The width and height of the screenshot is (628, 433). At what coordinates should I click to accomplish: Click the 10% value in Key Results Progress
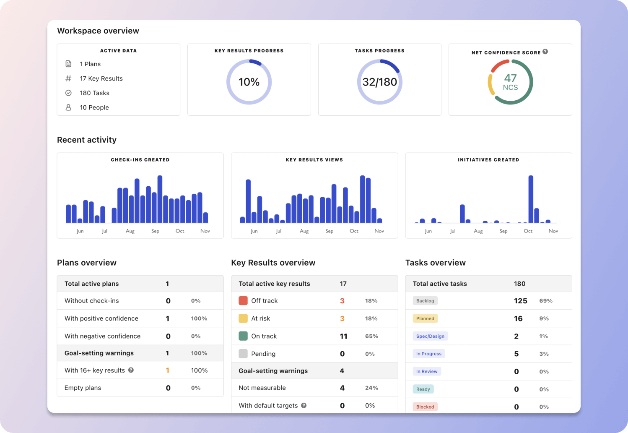click(x=249, y=82)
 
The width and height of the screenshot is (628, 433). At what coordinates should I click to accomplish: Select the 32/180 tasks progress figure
click(x=379, y=82)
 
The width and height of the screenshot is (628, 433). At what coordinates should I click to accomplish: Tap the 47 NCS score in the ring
click(x=510, y=82)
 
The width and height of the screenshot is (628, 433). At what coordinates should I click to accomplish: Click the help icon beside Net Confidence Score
click(x=545, y=52)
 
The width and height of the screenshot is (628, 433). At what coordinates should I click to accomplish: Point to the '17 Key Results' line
click(x=101, y=78)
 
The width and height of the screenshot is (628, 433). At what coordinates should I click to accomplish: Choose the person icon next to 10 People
click(x=68, y=107)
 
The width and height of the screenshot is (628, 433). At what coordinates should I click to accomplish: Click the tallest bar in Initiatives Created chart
click(x=531, y=199)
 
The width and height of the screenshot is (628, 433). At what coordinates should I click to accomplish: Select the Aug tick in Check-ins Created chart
click(x=130, y=231)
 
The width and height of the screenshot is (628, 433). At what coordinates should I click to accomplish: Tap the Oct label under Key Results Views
click(x=354, y=231)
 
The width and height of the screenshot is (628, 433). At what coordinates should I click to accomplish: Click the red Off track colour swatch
click(x=243, y=301)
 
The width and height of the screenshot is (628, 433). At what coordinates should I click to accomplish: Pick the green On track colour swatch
click(x=243, y=336)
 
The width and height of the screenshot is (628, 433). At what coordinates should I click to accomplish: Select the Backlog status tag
click(x=425, y=301)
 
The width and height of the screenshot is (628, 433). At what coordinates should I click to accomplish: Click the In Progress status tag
click(x=428, y=354)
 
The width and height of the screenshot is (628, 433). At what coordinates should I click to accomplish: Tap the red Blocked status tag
click(x=425, y=407)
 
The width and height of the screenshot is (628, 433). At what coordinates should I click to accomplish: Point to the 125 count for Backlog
click(x=520, y=301)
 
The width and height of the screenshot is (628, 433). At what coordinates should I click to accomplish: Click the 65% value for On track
click(x=371, y=336)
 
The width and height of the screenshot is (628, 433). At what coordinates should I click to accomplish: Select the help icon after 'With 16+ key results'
click(x=131, y=370)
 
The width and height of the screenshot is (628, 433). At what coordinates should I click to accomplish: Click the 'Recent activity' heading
click(x=87, y=140)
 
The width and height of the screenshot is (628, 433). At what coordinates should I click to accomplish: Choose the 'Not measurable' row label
click(x=262, y=388)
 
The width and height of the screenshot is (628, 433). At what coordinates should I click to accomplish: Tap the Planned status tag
click(x=425, y=318)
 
